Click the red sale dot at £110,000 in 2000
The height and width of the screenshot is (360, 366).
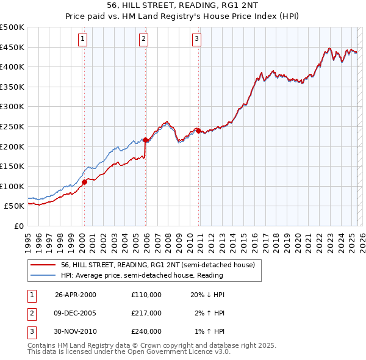coord(85,182)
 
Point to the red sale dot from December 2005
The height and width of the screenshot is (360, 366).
coord(146,139)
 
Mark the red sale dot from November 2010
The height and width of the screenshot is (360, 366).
coord(199,130)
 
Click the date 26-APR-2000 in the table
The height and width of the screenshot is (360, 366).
coord(76,295)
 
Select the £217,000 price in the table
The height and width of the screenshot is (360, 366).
coord(146,313)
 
